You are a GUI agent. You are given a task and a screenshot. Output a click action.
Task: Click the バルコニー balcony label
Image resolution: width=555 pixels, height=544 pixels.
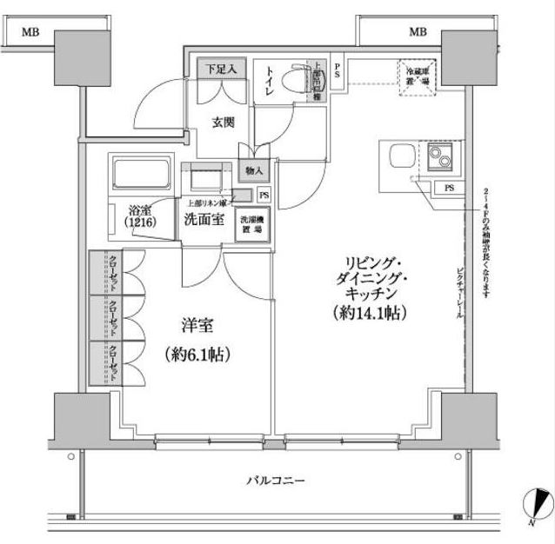click(276, 480)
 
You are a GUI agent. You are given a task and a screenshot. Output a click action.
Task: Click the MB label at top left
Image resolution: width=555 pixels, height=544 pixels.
click(30, 33)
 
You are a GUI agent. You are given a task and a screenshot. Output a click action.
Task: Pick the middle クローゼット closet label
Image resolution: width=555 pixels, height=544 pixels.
click(113, 319)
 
